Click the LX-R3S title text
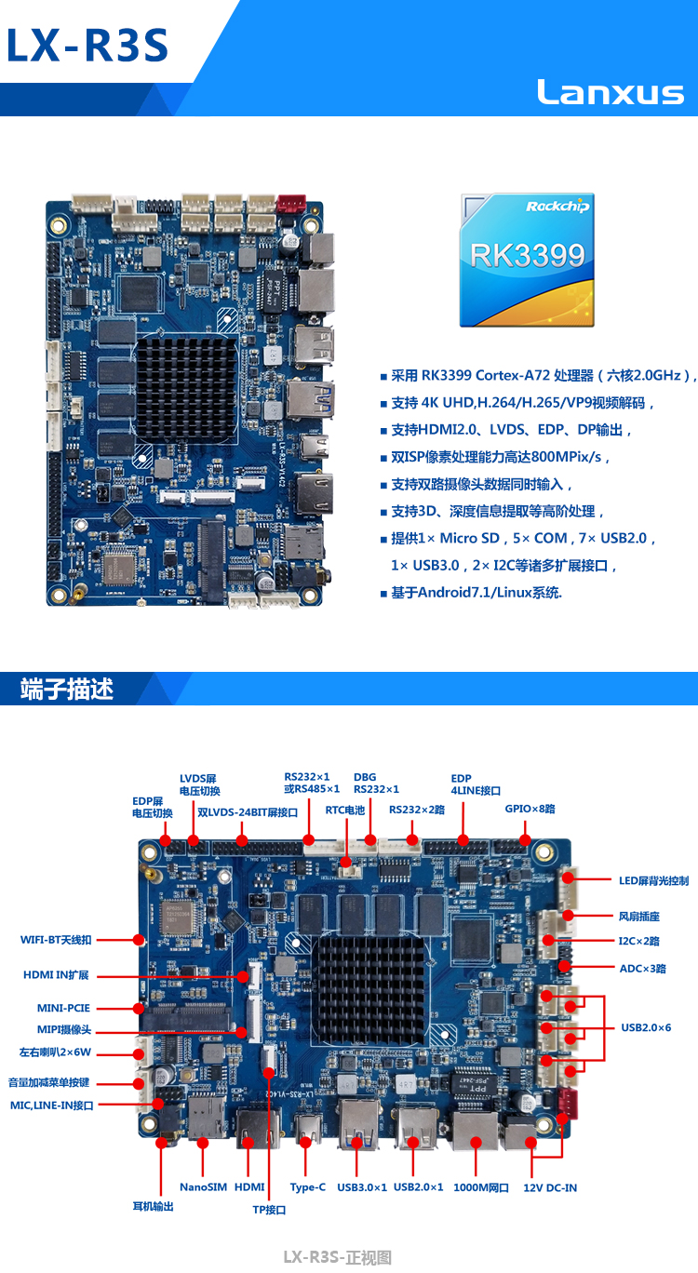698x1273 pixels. pos(87,46)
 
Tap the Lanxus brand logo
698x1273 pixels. pos(611,92)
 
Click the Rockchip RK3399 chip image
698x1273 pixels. pos(527,260)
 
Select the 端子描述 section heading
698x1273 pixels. pos(67,689)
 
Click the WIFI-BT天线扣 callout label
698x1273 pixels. pos(56,940)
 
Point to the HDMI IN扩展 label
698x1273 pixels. pos(56,975)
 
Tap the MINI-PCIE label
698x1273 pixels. pos(63,1008)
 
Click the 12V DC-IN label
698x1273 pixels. pos(550,1187)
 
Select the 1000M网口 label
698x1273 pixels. pos(481,1187)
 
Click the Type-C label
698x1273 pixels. pos(307,1187)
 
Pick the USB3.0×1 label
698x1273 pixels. pos(362,1187)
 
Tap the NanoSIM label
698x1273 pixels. pos(203,1187)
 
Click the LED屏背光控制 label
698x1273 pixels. pos(653,881)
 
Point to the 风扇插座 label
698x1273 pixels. pos(638,916)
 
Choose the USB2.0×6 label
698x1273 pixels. pos(646,1027)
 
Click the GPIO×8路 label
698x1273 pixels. pos(530,809)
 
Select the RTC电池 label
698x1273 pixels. pos(345,810)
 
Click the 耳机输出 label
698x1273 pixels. pos(153,1207)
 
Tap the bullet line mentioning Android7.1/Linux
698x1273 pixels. pos(471,593)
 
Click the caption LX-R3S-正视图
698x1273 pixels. pos(338,1257)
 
